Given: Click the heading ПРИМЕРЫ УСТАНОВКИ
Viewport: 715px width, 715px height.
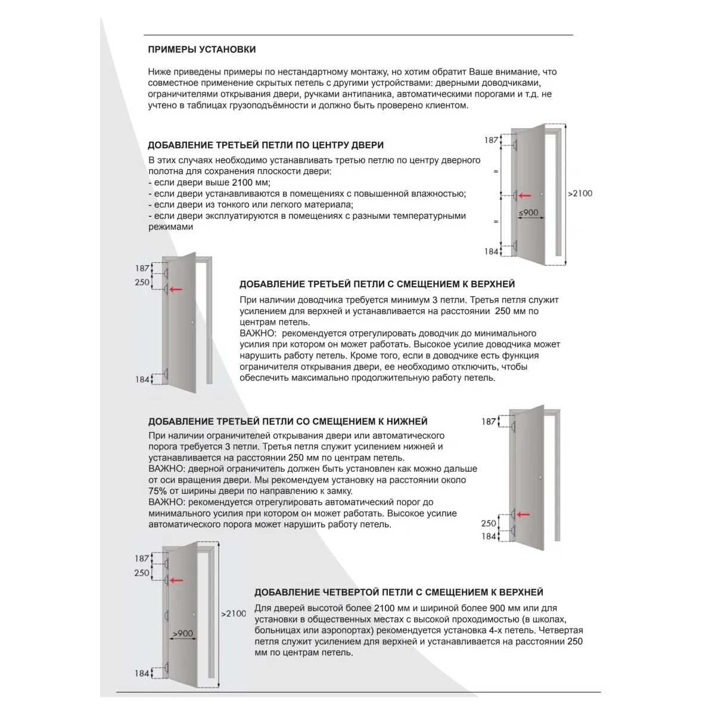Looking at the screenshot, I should [202, 49].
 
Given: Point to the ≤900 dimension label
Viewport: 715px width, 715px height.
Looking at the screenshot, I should [528, 213].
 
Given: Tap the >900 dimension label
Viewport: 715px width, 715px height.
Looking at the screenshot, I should [182, 633].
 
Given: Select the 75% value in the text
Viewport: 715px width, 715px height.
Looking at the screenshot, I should [158, 491].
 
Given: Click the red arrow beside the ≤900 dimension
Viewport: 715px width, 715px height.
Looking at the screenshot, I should [524, 195].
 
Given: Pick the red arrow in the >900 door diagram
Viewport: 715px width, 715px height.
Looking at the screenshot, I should [176, 580].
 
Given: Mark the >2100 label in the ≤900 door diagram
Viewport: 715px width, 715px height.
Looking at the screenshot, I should [580, 193].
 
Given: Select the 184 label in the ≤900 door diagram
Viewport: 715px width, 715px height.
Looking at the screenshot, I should [491, 251].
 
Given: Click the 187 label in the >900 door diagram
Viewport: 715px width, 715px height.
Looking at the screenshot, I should [142, 558].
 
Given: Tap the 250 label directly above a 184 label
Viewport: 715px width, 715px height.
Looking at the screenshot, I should [489, 523].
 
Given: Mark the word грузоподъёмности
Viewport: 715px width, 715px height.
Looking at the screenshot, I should [269, 105].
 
